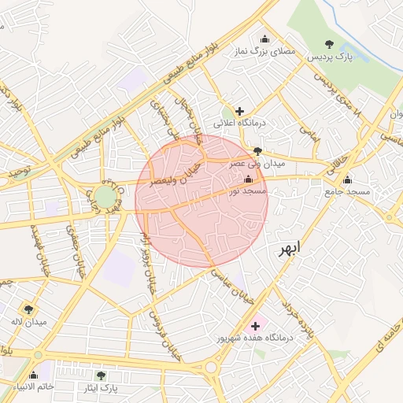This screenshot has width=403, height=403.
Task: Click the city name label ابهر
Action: [289, 250]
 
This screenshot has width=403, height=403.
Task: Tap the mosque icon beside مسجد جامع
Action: [347, 179]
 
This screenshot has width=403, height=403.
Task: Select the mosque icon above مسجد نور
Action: [249, 180]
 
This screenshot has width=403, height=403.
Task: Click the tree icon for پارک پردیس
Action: [330, 44]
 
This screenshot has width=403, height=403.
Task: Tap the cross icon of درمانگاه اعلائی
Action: [240, 111]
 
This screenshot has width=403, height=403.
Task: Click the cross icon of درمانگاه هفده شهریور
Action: [255, 325]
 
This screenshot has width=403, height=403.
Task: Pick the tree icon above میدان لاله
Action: [29, 309]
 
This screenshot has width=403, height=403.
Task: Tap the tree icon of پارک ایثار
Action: [100, 375]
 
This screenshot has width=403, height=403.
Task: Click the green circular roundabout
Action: [105, 195]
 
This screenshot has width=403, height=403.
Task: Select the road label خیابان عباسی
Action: [230, 278]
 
